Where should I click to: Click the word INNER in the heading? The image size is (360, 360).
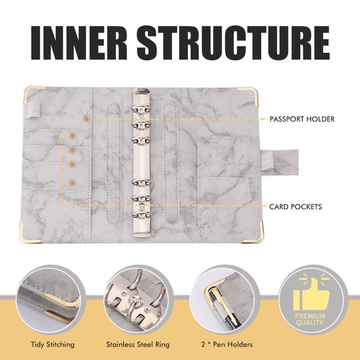pos(79,43)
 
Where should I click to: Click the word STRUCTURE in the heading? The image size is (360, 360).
pos(233,43)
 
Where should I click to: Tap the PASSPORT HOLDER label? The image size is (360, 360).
pos(302,119)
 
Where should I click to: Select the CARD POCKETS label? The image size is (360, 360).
pos(295,206)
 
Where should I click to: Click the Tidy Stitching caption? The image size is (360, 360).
pos(52,344)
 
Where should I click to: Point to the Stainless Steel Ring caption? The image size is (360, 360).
pos(138,344)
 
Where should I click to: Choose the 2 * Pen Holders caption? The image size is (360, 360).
pos(227,344)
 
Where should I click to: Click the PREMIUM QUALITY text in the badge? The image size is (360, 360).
pos(310,319)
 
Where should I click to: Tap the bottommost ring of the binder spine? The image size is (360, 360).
pos(141,215)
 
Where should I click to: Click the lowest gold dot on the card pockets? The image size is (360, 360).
pos(73,183)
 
